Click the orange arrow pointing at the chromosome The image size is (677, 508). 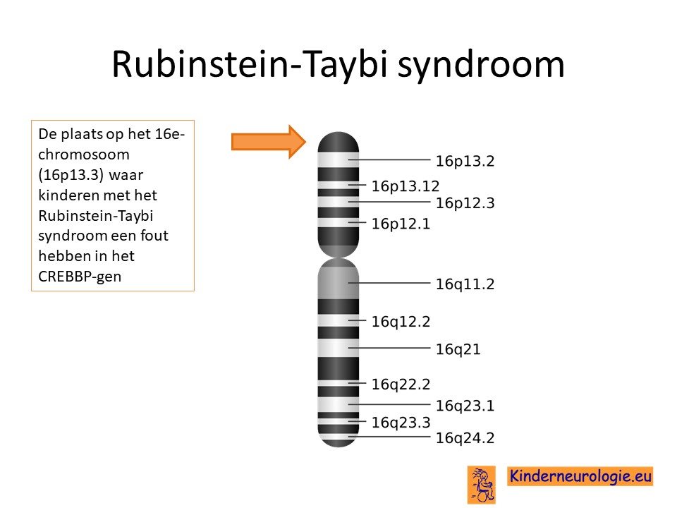[x=269, y=142]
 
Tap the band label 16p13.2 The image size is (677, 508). [x=465, y=161]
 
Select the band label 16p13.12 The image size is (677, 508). [x=405, y=186]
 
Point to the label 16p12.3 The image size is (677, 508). [x=465, y=203]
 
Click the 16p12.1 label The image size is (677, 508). [x=401, y=224]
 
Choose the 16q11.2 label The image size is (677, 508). [x=465, y=284]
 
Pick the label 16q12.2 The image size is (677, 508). [x=401, y=322]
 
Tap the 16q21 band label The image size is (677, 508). [x=458, y=349]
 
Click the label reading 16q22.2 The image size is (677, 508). [x=401, y=385]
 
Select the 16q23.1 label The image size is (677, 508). [x=465, y=406]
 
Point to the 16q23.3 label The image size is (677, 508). [x=401, y=423]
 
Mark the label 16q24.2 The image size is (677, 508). [x=465, y=438]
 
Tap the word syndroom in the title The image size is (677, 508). [x=480, y=65]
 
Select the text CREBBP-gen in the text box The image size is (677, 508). [x=80, y=277]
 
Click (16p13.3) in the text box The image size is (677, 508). [x=71, y=175]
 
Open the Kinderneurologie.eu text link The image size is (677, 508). [x=580, y=476]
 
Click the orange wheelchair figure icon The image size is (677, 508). [x=482, y=485]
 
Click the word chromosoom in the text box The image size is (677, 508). [x=84, y=155]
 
